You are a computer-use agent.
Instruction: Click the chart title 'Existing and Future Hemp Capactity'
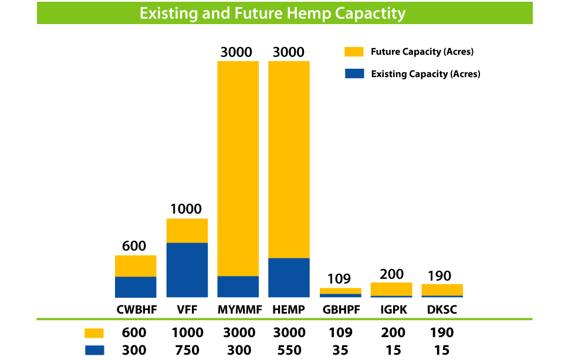272,14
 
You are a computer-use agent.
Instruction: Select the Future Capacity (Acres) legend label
422,52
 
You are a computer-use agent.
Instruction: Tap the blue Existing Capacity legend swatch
354,73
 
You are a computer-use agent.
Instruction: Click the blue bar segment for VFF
187,270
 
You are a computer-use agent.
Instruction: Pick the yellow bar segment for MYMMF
238,169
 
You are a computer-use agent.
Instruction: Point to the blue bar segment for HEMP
289,278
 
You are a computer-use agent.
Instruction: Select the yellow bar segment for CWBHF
136,265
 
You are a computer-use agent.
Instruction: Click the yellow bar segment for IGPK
391,289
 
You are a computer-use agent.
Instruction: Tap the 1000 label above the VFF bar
186,209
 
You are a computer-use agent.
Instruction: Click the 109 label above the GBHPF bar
339,279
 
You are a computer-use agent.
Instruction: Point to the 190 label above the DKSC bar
439,276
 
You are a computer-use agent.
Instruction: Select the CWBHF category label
137,309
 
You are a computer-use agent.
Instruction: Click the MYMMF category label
239,309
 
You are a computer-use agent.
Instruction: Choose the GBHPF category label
342,309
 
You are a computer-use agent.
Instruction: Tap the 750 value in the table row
187,350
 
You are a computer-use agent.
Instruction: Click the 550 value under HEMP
289,350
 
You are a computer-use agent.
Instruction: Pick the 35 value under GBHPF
340,350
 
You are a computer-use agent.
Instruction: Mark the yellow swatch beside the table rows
94,333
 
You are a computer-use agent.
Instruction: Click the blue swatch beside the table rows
94,350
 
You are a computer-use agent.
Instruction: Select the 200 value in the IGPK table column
393,332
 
